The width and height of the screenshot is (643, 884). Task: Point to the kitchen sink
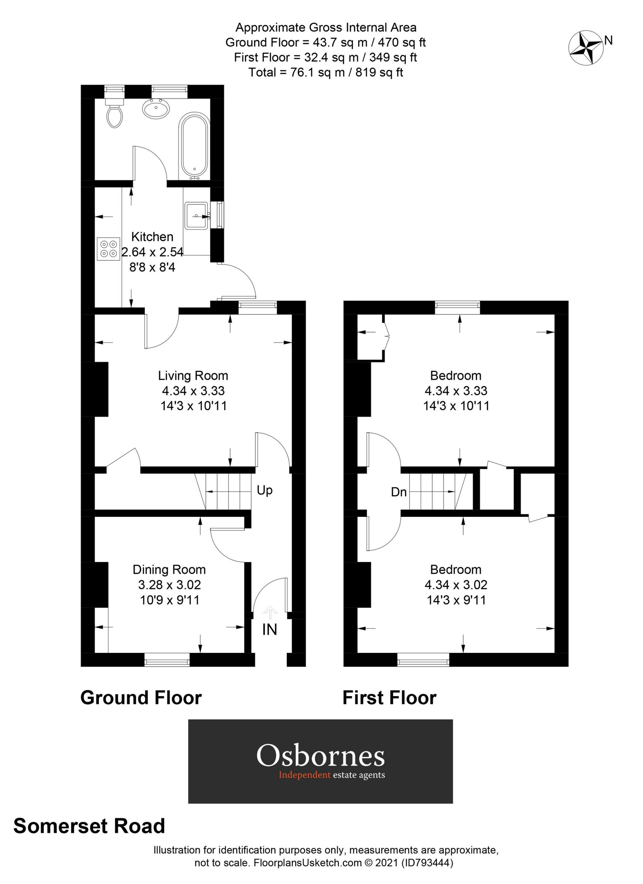point(196,215)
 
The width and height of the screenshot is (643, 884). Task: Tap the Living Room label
point(193,376)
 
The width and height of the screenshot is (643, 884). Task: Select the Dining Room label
point(169,570)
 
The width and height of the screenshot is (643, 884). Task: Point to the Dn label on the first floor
point(399,492)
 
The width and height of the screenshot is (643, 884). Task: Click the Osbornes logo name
point(320,756)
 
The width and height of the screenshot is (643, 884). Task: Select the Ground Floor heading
point(141,698)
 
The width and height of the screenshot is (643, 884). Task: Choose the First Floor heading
point(389,698)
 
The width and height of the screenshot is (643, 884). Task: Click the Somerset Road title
point(89,826)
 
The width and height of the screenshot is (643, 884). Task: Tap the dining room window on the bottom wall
point(167,660)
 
